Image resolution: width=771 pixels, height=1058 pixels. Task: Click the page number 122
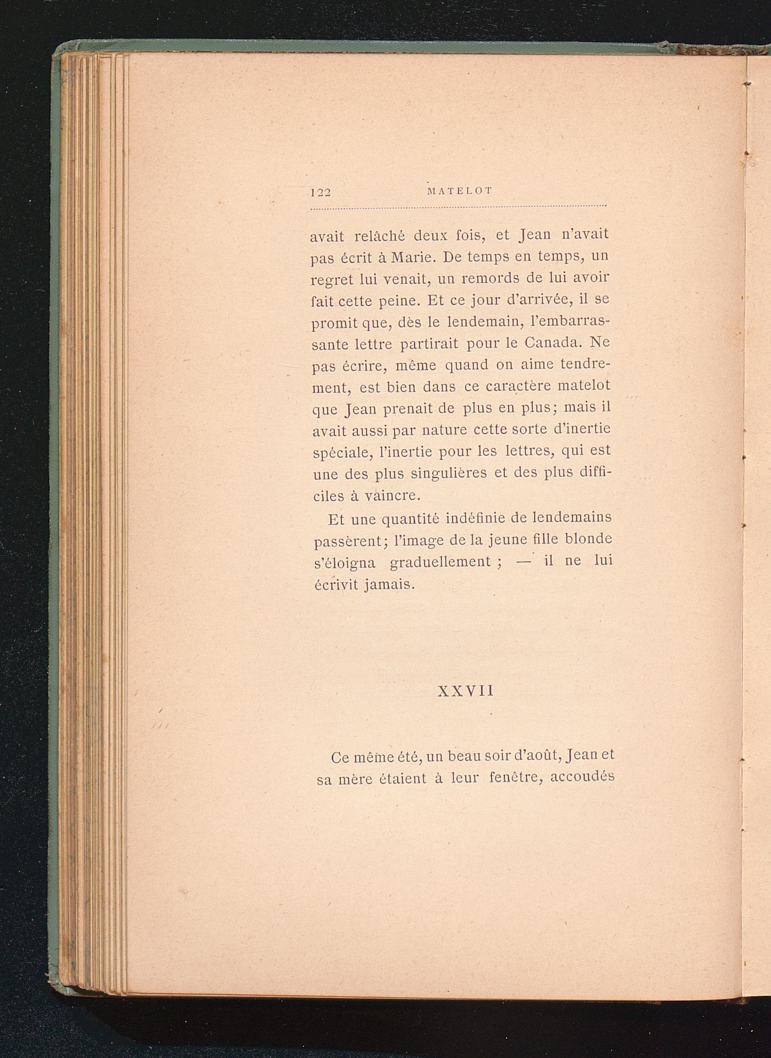[321, 192]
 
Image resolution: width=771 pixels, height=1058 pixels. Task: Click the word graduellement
[441, 561]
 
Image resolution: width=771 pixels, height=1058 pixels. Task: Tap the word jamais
[388, 584]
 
